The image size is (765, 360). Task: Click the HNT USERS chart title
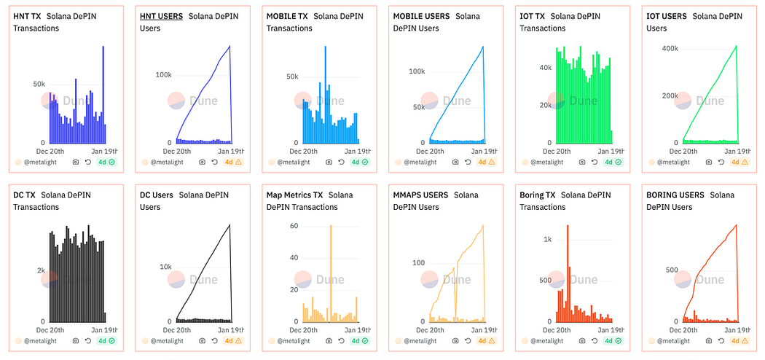pos(161,15)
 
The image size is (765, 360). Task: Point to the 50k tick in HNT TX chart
pos(39,84)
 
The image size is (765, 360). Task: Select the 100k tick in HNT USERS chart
pos(163,74)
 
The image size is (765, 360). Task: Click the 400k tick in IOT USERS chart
pos(669,48)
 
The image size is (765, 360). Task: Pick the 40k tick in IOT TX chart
pos(544,67)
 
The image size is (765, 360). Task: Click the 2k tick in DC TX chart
pos(42,270)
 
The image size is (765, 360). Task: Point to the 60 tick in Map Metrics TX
pos(294,226)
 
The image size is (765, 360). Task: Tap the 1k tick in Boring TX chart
pos(547,239)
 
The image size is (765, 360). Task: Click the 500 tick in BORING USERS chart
pos(671,270)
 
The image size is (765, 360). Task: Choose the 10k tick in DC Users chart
pos(165,267)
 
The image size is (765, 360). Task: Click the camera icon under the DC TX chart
pos(76,340)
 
